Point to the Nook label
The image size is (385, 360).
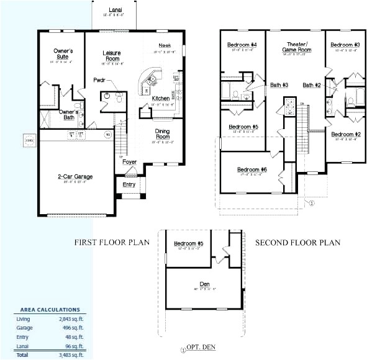coord(165,45)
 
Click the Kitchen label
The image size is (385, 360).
coord(161,99)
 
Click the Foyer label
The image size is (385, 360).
coord(129,162)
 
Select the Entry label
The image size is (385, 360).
coord(129,184)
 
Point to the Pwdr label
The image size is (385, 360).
coord(99,80)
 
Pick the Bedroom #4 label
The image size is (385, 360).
coord(242,45)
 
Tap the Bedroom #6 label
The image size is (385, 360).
coord(251,169)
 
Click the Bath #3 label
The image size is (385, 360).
coord(279,85)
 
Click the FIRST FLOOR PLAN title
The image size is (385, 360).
coord(112,243)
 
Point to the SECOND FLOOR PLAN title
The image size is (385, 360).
coord(297,243)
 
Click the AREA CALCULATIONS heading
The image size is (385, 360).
coord(50,309)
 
